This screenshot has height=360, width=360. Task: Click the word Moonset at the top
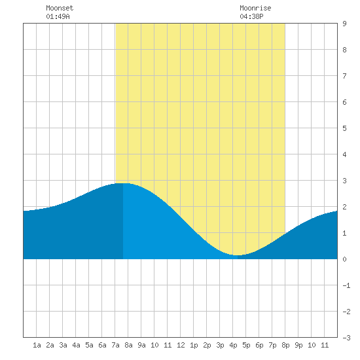click(60, 8)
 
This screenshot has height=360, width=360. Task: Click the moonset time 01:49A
click(58, 16)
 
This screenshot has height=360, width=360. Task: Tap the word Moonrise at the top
click(255, 8)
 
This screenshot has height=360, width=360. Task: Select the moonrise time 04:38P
click(251, 16)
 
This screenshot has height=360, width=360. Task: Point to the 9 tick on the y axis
click(344, 24)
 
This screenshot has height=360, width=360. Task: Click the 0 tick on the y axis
click(344, 259)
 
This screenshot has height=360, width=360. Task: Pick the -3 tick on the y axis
click(346, 338)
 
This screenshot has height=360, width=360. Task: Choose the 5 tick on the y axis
click(344, 128)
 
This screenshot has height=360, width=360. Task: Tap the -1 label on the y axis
click(346, 285)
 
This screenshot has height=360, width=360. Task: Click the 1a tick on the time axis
click(37, 345)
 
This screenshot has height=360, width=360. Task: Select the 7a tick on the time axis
click(115, 345)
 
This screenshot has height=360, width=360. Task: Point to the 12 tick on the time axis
click(181, 345)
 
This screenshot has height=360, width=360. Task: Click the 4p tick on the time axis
click(233, 345)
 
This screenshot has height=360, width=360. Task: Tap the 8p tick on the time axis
click(285, 345)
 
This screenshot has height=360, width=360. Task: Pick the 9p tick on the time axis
click(298, 345)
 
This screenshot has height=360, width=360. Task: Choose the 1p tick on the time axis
click(194, 345)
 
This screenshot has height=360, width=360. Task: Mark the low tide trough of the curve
click(238, 255)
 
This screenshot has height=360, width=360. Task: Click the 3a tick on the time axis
click(63, 345)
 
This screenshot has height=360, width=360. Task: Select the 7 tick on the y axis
click(344, 76)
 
